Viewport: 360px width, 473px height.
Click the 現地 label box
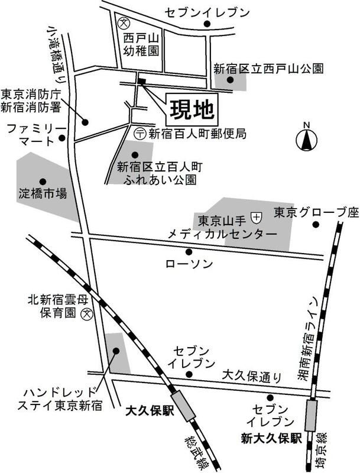tap(192, 109)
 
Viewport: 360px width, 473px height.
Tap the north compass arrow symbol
tap(306, 141)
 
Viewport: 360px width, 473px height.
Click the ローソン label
tap(189, 264)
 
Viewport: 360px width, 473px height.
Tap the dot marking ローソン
tap(189, 251)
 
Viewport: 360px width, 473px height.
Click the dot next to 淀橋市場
tap(42, 182)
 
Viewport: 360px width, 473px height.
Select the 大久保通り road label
tap(254, 375)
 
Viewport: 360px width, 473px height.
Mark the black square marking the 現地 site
tap(141, 81)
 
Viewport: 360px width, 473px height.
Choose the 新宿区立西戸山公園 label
tap(269, 69)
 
